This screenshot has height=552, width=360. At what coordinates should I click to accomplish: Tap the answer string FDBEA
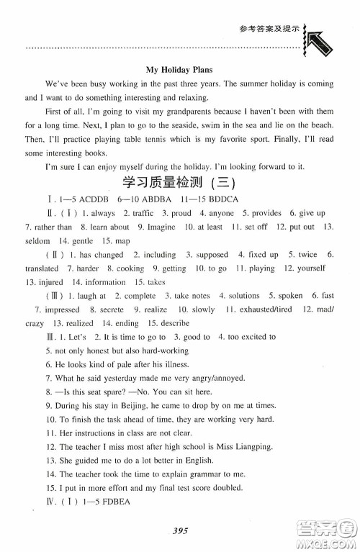click(x=108, y=508)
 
